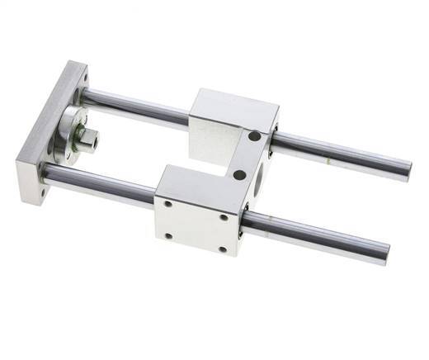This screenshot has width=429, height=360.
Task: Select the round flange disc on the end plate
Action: coord(68,133)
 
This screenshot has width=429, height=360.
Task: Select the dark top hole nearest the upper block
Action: coord(254,136)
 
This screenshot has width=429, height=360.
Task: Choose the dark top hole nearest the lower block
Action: coord(239,175)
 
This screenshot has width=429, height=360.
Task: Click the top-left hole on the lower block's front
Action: coord(167,203)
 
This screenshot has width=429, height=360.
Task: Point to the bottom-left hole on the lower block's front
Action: coord(168,235)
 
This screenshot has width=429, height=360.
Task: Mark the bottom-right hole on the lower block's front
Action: coord(222,249)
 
